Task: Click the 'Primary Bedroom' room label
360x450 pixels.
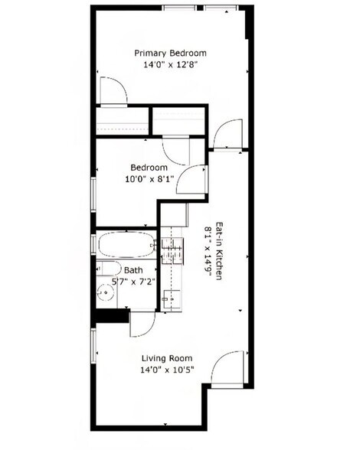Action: click(x=170, y=53)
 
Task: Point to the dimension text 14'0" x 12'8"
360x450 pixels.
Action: click(x=170, y=65)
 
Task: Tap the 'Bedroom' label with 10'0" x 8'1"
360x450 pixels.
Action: click(x=149, y=168)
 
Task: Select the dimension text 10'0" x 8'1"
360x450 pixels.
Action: click(x=149, y=179)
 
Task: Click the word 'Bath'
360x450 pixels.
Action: click(x=133, y=270)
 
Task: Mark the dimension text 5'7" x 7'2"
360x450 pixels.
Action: click(x=134, y=282)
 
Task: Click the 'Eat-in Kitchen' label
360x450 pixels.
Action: click(x=218, y=251)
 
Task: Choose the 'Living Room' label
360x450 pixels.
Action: click(x=167, y=358)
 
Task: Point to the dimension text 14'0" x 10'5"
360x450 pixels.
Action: click(x=167, y=370)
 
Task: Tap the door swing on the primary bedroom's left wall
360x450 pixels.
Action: click(x=112, y=90)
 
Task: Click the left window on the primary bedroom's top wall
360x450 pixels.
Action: click(x=182, y=8)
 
